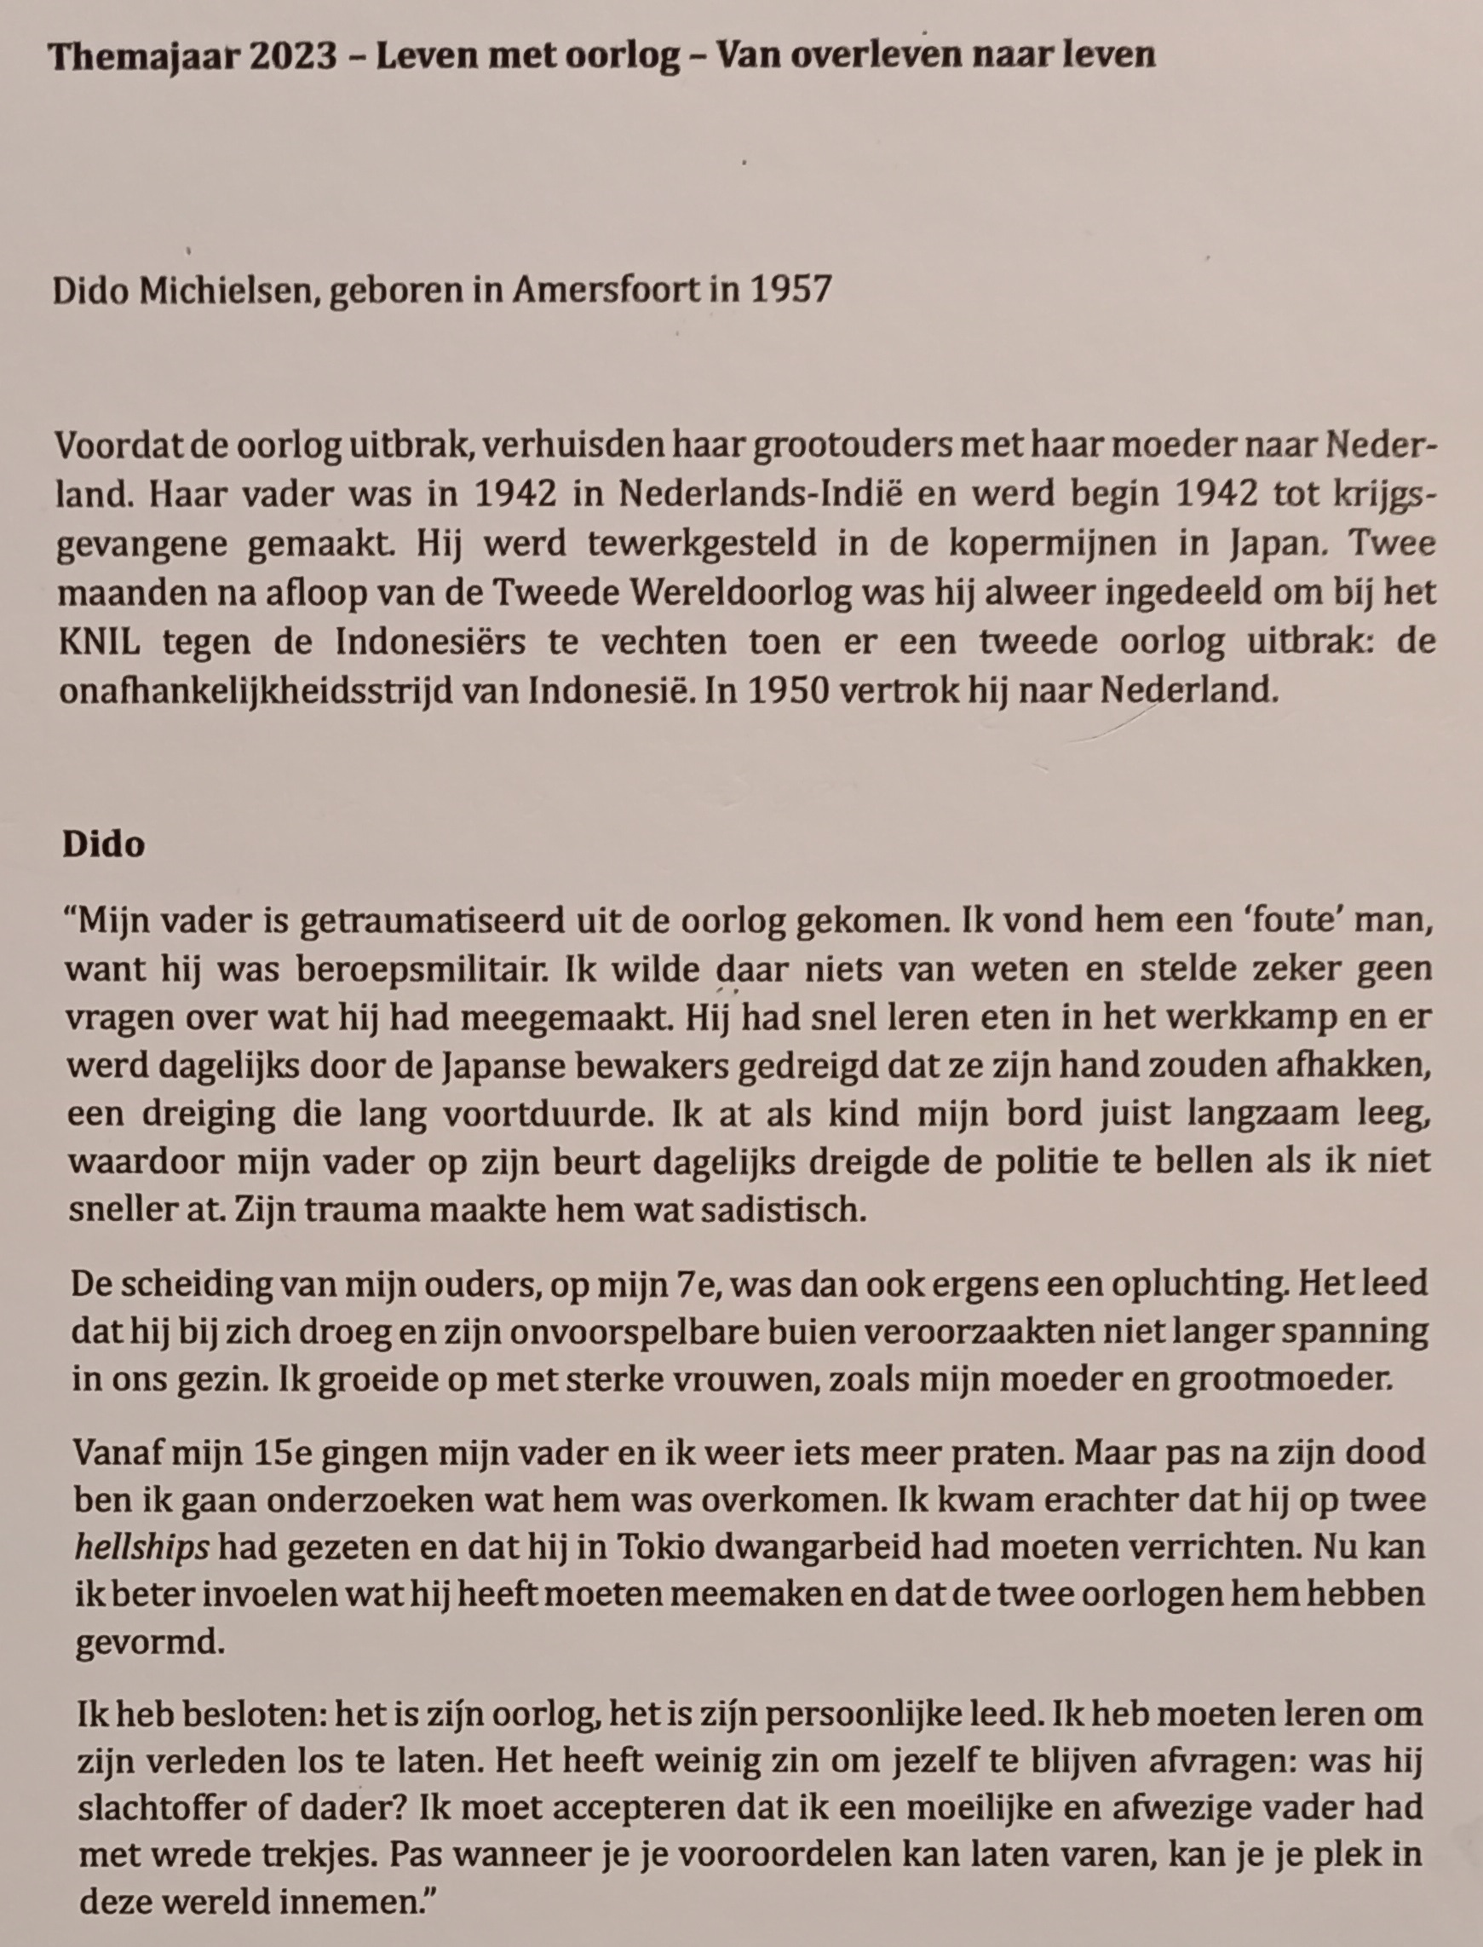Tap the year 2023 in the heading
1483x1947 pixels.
[x=292, y=55]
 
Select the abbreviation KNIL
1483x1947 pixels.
[x=99, y=642]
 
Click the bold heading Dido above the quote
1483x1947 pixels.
[x=103, y=845]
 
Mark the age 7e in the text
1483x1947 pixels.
[x=695, y=1284]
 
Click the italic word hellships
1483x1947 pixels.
[x=142, y=1548]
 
